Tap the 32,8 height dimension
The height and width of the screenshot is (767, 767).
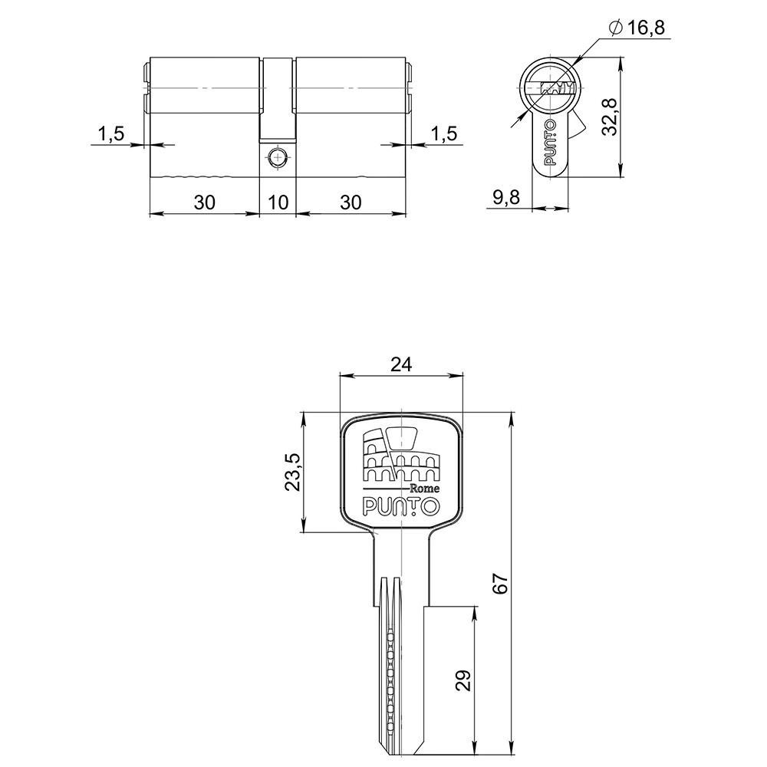point(610,117)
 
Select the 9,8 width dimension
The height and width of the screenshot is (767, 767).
point(505,197)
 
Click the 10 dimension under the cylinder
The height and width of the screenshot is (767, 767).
point(278,202)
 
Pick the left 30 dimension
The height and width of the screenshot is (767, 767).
point(205,202)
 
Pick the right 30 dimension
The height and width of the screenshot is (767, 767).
point(351,202)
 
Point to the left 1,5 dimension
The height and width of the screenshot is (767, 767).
point(111,133)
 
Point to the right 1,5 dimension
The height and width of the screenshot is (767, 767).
point(443,133)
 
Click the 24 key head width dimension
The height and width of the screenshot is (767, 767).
point(401,364)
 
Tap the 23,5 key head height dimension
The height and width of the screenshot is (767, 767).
point(292,472)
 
